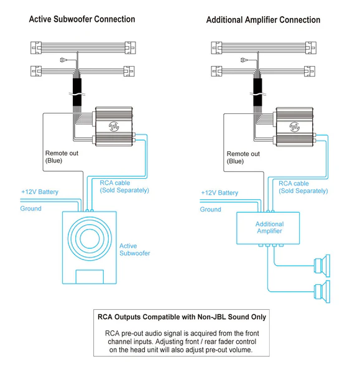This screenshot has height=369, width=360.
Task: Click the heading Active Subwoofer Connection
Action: click(x=82, y=19)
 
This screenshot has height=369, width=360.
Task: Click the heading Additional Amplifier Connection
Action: click(x=263, y=20)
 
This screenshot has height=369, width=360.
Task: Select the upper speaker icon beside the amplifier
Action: click(x=322, y=266)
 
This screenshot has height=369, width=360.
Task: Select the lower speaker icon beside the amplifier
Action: click(x=322, y=292)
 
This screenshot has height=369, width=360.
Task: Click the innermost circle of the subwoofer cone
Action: click(x=90, y=238)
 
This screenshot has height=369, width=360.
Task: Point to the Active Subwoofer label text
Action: click(x=135, y=250)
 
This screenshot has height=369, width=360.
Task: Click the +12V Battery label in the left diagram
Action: click(x=40, y=192)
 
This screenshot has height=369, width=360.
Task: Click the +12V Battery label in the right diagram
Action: click(x=219, y=193)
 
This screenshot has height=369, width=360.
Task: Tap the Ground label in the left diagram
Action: click(x=31, y=208)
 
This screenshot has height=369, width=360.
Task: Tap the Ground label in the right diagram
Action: click(x=210, y=210)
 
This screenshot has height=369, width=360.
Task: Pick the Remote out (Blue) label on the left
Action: click(x=62, y=157)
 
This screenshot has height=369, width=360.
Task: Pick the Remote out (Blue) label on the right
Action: click(x=243, y=157)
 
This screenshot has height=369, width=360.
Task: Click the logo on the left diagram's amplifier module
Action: click(x=114, y=126)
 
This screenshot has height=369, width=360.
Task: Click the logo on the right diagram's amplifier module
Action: click(x=294, y=127)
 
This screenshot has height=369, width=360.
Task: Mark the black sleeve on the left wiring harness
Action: click(x=77, y=92)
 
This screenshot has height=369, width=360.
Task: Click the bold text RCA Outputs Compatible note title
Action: click(x=182, y=317)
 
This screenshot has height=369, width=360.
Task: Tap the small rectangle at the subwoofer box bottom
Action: click(x=90, y=277)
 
